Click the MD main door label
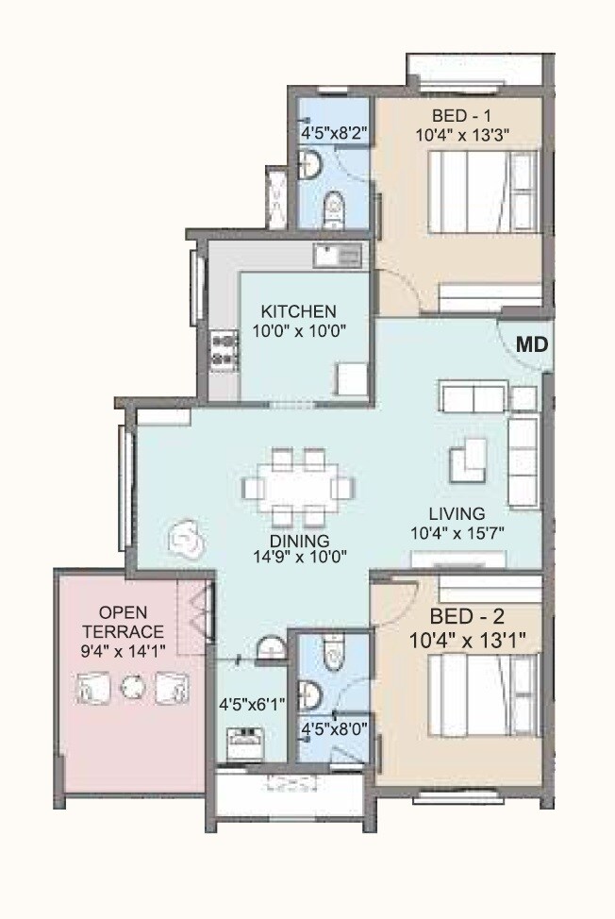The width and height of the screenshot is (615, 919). pyautogui.click(x=532, y=345)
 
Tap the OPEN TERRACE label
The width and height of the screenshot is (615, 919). pyautogui.click(x=124, y=622)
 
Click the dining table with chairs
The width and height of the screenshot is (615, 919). pyautogui.click(x=299, y=487)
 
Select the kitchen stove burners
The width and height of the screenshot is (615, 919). pyautogui.click(x=224, y=349)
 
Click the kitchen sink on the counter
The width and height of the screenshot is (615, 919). pyautogui.click(x=337, y=254)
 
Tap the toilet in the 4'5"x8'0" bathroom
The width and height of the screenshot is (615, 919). pyautogui.click(x=331, y=653)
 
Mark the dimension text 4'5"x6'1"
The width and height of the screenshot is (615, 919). pyautogui.click(x=252, y=703)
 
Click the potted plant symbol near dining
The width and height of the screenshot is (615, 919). pyautogui.click(x=185, y=540)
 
